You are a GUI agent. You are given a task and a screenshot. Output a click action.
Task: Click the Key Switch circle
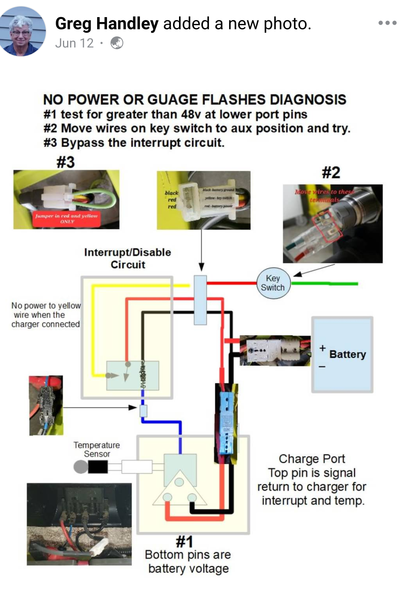click(273, 283)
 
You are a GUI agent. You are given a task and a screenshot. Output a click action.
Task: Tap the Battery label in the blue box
click(347, 354)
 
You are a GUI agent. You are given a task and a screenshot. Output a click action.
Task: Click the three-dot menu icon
click(387, 23)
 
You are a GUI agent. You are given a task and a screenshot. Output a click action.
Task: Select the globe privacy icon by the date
click(117, 43)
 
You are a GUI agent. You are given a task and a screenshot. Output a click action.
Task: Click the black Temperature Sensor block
click(97, 467)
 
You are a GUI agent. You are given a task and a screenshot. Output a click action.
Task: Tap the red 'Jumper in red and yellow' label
click(66, 218)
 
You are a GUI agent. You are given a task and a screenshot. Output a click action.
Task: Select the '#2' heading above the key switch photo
click(331, 173)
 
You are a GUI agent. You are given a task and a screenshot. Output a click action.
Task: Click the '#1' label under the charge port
click(184, 541)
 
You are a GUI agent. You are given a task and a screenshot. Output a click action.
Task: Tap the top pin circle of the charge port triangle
click(179, 482)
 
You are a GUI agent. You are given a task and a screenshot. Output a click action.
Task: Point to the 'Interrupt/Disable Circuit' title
click(127, 258)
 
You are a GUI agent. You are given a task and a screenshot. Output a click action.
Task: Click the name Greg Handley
click(107, 24)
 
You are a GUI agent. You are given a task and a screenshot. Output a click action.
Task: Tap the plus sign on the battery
click(322, 348)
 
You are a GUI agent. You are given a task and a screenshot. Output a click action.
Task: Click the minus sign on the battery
click(322, 367)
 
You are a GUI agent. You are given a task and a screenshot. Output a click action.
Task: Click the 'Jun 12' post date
click(74, 43)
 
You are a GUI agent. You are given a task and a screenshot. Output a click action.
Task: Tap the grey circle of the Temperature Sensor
click(80, 467)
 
